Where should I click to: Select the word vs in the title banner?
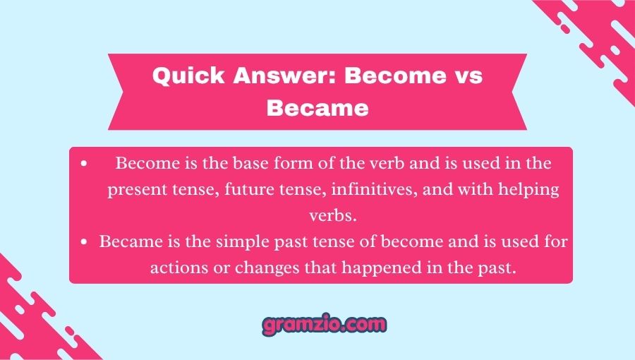[x=466, y=76]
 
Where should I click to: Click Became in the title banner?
[x=318, y=108]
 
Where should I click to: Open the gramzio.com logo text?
[x=324, y=325]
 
